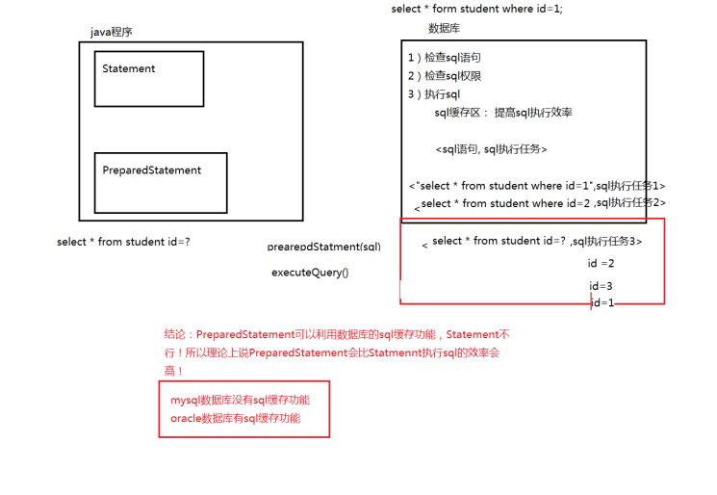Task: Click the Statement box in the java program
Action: [x=148, y=78]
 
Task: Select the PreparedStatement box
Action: [x=160, y=181]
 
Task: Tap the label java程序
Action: [x=112, y=32]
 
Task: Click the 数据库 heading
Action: [x=444, y=28]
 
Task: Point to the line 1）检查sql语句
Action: [x=445, y=58]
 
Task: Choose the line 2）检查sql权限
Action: [x=445, y=76]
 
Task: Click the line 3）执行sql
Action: [x=434, y=94]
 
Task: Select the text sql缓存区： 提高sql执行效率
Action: [x=503, y=113]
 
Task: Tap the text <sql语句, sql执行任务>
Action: [x=491, y=149]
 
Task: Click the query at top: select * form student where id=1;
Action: [x=476, y=9]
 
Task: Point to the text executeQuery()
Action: [x=310, y=273]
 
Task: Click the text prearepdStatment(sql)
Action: [x=323, y=247]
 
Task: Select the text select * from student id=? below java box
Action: [x=123, y=242]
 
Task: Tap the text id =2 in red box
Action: [x=601, y=263]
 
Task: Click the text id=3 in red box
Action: [x=601, y=286]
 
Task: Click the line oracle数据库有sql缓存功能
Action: [x=235, y=418]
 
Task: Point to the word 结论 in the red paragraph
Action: [x=176, y=334]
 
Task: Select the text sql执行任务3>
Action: [x=605, y=242]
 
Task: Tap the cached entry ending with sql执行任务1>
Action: [x=537, y=186]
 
